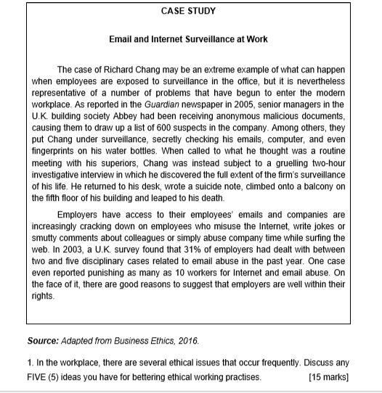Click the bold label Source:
tap(43, 340)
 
